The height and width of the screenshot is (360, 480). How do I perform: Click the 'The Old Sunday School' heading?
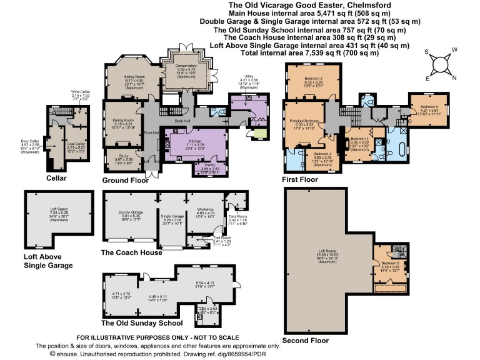(141, 322)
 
